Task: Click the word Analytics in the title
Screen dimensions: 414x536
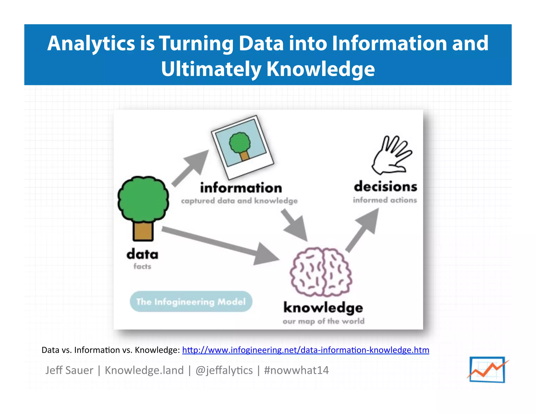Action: pos(91,44)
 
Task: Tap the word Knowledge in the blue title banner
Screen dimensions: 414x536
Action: pos(320,69)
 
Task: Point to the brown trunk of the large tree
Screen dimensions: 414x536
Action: pos(143,231)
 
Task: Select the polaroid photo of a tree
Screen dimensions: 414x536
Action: pos(242,147)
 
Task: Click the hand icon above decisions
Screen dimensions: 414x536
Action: pos(391,155)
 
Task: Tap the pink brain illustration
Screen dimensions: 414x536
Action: pos(321,272)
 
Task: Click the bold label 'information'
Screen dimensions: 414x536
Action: pos(241,188)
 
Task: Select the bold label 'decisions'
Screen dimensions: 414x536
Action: pos(385,187)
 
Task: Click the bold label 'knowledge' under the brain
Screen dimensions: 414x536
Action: pos(323,308)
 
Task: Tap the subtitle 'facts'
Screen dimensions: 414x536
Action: pos(142,266)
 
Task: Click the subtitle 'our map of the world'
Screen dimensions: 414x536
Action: pos(323,321)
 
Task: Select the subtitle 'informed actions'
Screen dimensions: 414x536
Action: pos(385,200)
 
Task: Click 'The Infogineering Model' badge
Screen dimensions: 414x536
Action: pos(191,301)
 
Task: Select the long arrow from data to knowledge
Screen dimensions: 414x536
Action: pos(220,245)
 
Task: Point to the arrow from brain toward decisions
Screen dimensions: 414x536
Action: pos(362,230)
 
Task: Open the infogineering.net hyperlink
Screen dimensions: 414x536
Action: pos(305,350)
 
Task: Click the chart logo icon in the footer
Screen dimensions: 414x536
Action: pos(487,370)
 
